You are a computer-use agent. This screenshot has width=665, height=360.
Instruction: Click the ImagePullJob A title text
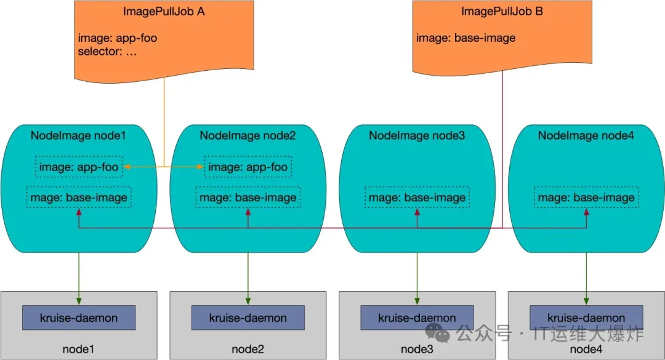pos(164,12)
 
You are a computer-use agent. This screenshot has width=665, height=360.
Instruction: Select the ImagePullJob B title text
pos(502,11)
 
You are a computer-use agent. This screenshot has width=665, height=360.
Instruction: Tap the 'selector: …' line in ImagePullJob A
pos(108,52)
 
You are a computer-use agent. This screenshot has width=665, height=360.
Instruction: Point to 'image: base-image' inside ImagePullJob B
pos(465,38)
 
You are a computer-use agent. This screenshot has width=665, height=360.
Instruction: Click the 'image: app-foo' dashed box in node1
pos(79,167)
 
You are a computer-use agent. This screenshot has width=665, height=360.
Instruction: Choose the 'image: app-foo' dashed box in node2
pos(248,167)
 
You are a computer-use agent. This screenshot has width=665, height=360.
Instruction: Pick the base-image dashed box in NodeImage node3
pos(417,198)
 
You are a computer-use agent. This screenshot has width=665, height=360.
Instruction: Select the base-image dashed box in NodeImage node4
pos(586,198)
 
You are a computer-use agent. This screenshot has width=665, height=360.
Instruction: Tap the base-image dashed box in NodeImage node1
pos(79,198)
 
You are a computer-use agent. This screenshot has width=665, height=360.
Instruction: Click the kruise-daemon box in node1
pos(79,318)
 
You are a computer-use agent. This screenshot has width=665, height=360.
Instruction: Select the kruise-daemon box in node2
pos(248,318)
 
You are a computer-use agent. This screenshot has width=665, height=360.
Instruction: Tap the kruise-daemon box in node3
pos(417,318)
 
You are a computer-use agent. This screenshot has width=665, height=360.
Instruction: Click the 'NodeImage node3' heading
pos(417,135)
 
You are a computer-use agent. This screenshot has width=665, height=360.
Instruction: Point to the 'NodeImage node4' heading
pos(586,135)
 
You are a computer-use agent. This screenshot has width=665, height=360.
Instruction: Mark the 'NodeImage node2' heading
pos(248,135)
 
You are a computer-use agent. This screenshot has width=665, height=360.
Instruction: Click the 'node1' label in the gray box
pos(79,349)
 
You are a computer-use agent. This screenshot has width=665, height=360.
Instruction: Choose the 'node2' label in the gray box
pos(248,349)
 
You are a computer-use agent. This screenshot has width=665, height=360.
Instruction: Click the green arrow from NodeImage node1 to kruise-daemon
pos(79,277)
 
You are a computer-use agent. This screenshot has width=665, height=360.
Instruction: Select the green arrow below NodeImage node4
pos(586,277)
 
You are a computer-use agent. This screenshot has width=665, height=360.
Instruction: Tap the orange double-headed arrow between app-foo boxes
pos(164,167)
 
